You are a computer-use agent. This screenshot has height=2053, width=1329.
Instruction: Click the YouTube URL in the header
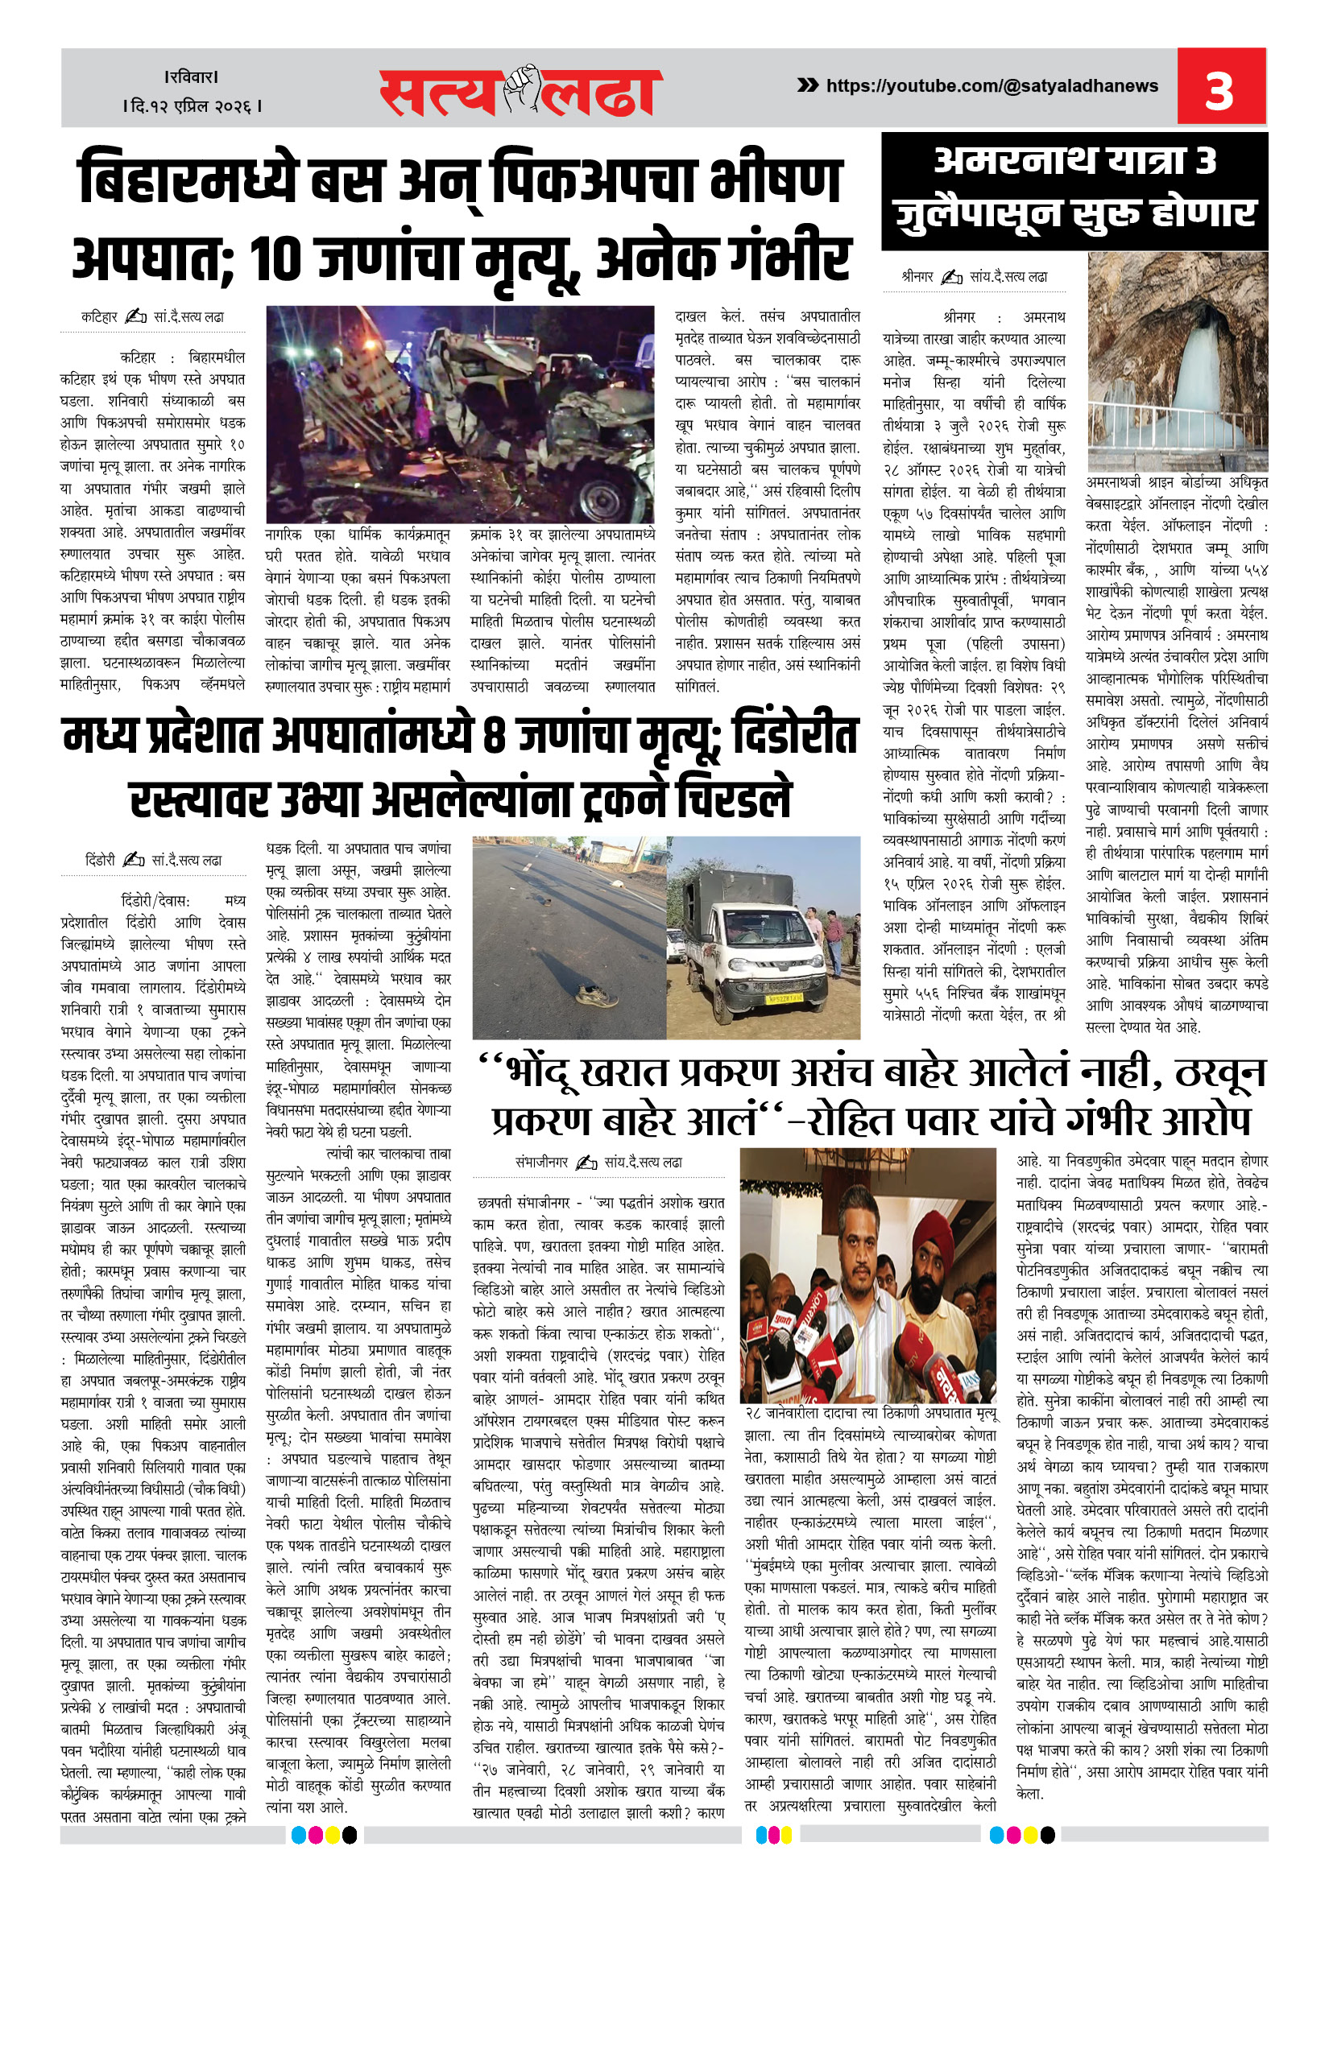click(x=992, y=86)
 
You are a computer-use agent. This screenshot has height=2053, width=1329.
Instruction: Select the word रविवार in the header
click(x=193, y=76)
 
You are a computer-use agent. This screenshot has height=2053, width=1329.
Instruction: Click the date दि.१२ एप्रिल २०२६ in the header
click(x=193, y=106)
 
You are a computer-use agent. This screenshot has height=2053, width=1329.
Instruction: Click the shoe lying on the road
click(x=596, y=997)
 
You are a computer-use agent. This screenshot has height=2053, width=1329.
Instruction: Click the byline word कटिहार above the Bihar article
click(x=99, y=317)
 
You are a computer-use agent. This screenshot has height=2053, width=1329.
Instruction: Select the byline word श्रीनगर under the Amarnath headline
click(x=917, y=277)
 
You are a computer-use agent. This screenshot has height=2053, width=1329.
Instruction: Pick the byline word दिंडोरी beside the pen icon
click(x=100, y=860)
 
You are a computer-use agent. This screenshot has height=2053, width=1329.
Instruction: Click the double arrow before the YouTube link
click(x=807, y=85)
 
